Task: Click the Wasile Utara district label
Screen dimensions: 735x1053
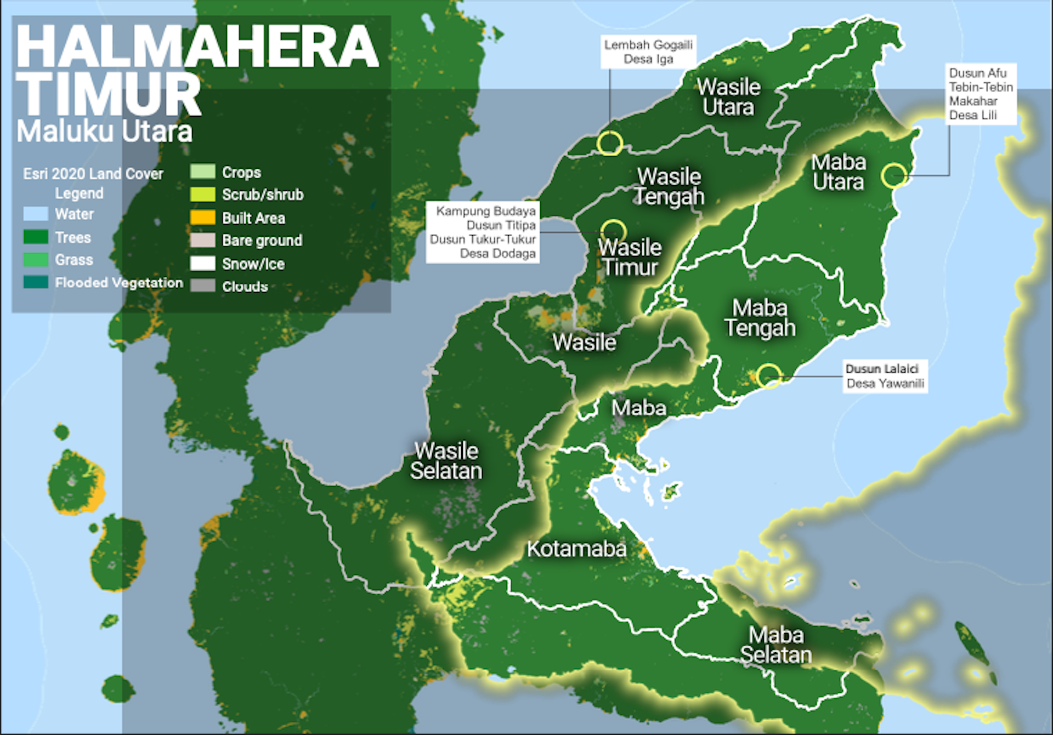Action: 728,97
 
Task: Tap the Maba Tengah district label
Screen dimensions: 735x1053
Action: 760,318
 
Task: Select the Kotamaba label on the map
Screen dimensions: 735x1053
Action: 576,549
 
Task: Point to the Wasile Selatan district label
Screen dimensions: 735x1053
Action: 446,461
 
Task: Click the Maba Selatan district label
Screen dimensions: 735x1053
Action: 776,645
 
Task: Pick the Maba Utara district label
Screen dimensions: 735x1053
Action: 839,172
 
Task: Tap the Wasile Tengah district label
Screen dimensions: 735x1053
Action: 669,186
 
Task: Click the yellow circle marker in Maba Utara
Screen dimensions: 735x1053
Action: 894,175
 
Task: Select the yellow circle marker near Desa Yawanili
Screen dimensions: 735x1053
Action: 769,376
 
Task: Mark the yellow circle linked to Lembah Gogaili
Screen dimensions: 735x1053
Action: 610,143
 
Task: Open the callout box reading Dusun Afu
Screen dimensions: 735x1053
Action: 981,94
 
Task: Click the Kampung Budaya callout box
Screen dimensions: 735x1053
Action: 483,232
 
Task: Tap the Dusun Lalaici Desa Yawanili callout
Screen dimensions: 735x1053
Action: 885,376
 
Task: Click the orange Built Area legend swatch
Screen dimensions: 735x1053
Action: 202,218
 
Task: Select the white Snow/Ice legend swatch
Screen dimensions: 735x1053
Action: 202,264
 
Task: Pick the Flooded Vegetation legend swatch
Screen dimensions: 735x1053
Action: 36,282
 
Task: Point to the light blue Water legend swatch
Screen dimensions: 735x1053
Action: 36,214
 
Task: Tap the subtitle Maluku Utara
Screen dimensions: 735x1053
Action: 104,132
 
